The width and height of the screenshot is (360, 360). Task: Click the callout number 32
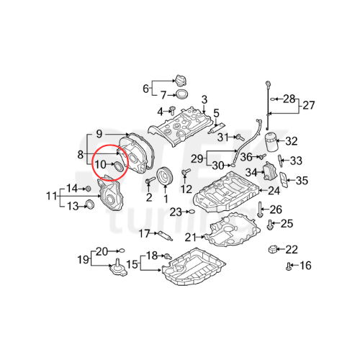pos(291,140)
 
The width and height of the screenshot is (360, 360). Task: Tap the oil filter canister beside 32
pos(270,141)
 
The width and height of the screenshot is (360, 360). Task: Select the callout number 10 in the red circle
pos(102,165)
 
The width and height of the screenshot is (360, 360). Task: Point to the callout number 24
pos(274,191)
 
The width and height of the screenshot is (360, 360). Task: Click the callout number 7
pos(163,94)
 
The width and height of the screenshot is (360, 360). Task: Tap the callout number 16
pos(305,266)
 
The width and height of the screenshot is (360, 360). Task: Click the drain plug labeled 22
pos(273,250)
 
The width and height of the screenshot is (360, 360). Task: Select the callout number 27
pos(308,106)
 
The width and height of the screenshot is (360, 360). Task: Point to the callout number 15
pos(132,265)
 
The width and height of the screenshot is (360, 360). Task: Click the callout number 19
pos(83,259)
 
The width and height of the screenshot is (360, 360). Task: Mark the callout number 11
pos(51,196)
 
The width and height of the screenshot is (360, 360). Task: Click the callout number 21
pos(190,238)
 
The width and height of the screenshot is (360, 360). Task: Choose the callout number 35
pos(302,180)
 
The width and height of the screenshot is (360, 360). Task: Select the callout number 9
pos(100,133)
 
